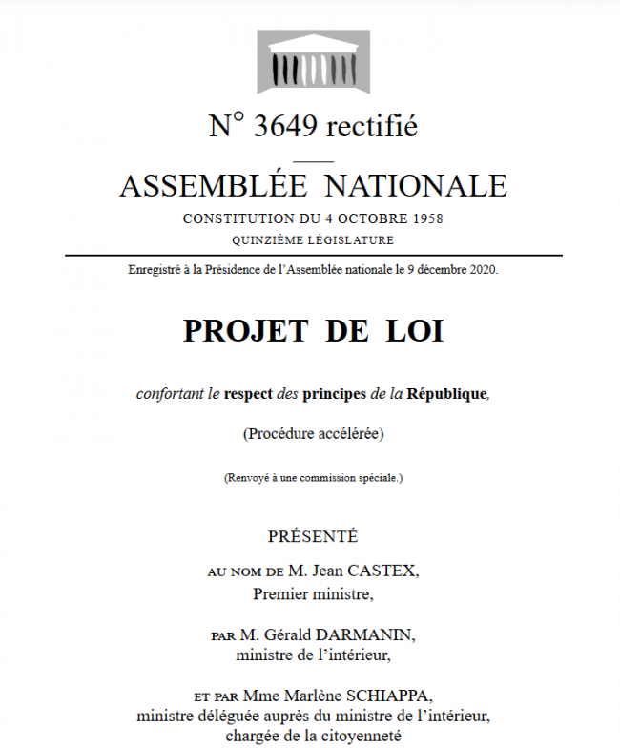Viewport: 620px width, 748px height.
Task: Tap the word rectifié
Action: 371,126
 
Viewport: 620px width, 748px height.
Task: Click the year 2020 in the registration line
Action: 482,270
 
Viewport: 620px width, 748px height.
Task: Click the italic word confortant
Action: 169,392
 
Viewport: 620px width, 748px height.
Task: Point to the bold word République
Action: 446,392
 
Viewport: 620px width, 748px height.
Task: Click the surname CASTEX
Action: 383,571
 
